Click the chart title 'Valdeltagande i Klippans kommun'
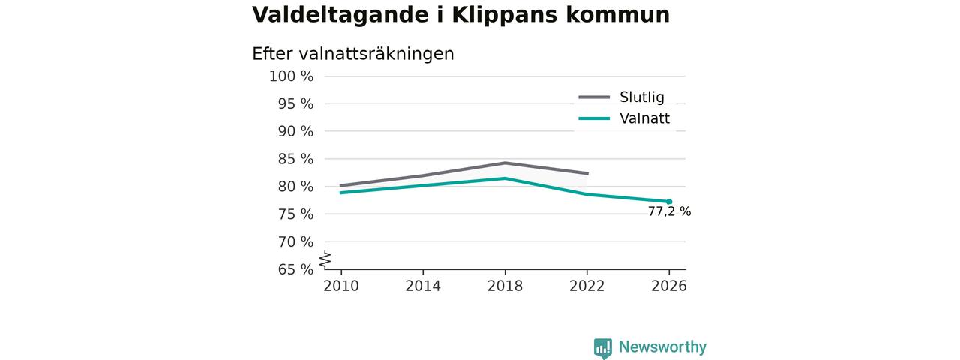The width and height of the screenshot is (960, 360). coord(460,15)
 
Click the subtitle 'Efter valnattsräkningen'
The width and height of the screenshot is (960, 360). coord(352,55)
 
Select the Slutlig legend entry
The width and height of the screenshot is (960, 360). coord(622,97)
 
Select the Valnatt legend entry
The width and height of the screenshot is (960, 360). coord(624,118)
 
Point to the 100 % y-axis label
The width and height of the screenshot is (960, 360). coord(291,76)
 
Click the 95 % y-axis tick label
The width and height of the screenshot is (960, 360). coord(295,103)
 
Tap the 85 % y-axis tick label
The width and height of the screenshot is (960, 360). coord(295,159)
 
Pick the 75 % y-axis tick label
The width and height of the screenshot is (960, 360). coord(295,214)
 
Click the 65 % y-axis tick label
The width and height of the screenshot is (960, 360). coord(295,269)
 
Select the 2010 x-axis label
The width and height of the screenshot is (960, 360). coord(341,286)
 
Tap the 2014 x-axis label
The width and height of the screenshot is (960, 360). coord(423,286)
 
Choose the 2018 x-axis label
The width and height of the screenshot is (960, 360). coord(505,286)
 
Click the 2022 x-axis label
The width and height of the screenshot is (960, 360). coord(586,286)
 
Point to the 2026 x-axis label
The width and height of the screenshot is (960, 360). coord(668,286)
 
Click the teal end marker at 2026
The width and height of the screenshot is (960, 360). coord(669,202)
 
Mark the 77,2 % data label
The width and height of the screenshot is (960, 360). coord(669,211)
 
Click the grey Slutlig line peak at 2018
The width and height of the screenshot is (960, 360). coord(505,163)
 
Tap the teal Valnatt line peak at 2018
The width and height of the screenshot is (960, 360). coord(505,178)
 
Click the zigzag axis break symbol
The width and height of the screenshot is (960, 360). coord(325,259)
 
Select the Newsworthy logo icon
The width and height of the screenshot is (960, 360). coord(602,348)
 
